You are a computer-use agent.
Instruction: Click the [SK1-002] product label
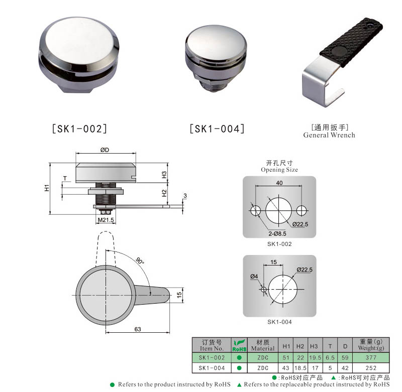[x=79, y=129]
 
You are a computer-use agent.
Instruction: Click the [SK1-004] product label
[x=217, y=129]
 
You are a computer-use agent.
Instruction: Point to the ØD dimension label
[x=106, y=151]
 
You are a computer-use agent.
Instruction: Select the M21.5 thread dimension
[x=106, y=220]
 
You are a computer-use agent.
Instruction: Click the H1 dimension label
[x=46, y=188]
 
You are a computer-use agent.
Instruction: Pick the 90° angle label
[x=139, y=262]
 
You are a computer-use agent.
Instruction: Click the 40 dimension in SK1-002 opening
[x=279, y=183]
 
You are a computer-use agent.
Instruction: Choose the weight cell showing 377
[x=371, y=358]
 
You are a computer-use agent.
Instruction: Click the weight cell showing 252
[x=371, y=368]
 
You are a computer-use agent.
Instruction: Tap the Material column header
[x=262, y=345]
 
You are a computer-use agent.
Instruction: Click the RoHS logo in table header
[x=239, y=346]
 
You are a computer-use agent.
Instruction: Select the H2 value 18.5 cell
[x=300, y=368]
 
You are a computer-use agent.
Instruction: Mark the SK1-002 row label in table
[x=212, y=358]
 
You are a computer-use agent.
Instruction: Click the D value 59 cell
[x=344, y=358]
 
